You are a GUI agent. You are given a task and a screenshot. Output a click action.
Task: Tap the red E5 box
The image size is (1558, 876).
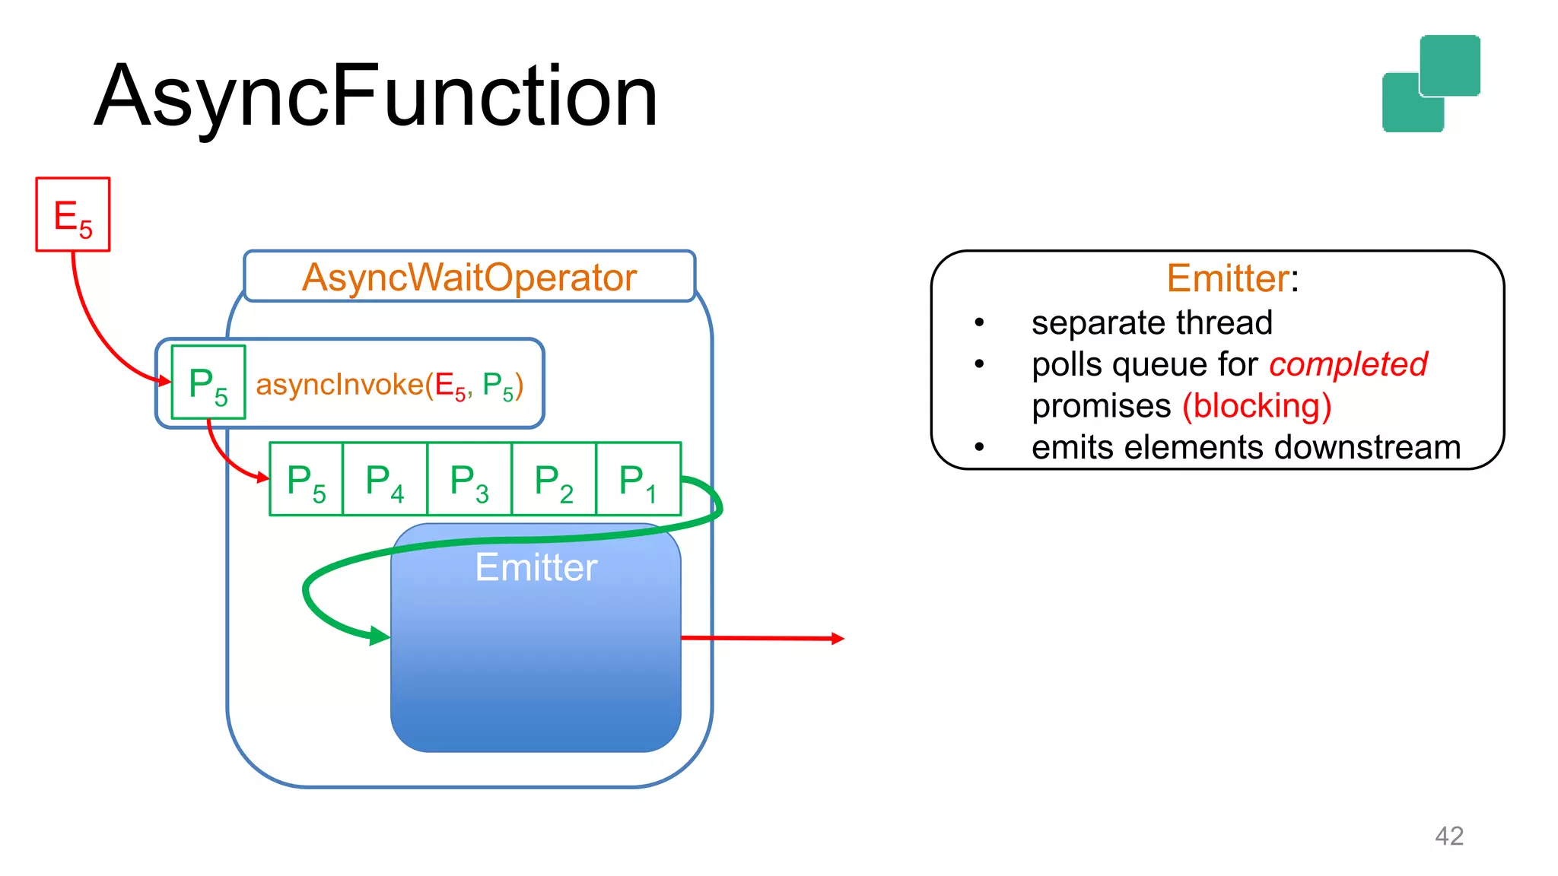point(73,214)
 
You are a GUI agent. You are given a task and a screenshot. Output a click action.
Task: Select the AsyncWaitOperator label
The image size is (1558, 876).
point(469,278)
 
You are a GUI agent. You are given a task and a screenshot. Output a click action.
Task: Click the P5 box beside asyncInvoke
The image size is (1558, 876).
point(208,382)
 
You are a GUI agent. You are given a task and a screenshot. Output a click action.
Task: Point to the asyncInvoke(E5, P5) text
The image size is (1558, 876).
point(389,385)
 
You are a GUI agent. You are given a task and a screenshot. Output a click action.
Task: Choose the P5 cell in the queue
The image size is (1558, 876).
point(306,480)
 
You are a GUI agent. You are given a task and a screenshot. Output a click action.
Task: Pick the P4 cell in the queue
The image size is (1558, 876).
point(385,480)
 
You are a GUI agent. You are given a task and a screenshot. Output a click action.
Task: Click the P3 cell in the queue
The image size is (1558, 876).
point(469,480)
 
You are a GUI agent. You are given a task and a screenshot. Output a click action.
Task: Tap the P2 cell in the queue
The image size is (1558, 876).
point(554,480)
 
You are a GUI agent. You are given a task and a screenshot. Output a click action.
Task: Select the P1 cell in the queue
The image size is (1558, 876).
point(638,480)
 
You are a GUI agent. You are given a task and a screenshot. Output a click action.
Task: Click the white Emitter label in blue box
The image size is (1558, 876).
point(536,567)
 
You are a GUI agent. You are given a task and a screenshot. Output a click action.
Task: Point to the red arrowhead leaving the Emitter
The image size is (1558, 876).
point(838,639)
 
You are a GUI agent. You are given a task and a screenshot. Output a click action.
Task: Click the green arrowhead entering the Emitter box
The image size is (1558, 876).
point(380,636)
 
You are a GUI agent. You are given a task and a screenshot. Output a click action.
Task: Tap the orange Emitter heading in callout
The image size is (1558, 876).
point(1227,278)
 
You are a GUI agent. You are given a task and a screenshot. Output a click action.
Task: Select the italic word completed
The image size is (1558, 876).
point(1348,364)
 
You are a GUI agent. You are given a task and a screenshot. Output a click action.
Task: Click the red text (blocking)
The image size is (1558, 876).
point(1257,405)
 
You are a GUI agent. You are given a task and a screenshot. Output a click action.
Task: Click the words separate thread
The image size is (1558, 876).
point(1152,322)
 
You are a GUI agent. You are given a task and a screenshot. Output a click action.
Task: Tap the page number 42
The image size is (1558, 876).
point(1448,836)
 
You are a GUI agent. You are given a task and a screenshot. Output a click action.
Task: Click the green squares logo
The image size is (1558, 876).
point(1430,84)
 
